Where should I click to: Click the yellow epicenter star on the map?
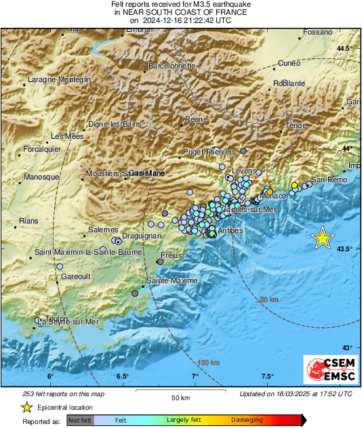click(323, 238)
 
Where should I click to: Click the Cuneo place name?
click(289, 63)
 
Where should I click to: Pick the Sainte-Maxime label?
click(172, 280)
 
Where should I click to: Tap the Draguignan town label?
click(140, 235)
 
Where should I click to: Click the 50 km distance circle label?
click(269, 299)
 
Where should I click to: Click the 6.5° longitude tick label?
click(122, 377)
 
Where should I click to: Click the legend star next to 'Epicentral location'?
click(26, 407)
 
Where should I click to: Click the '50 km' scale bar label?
click(180, 396)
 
